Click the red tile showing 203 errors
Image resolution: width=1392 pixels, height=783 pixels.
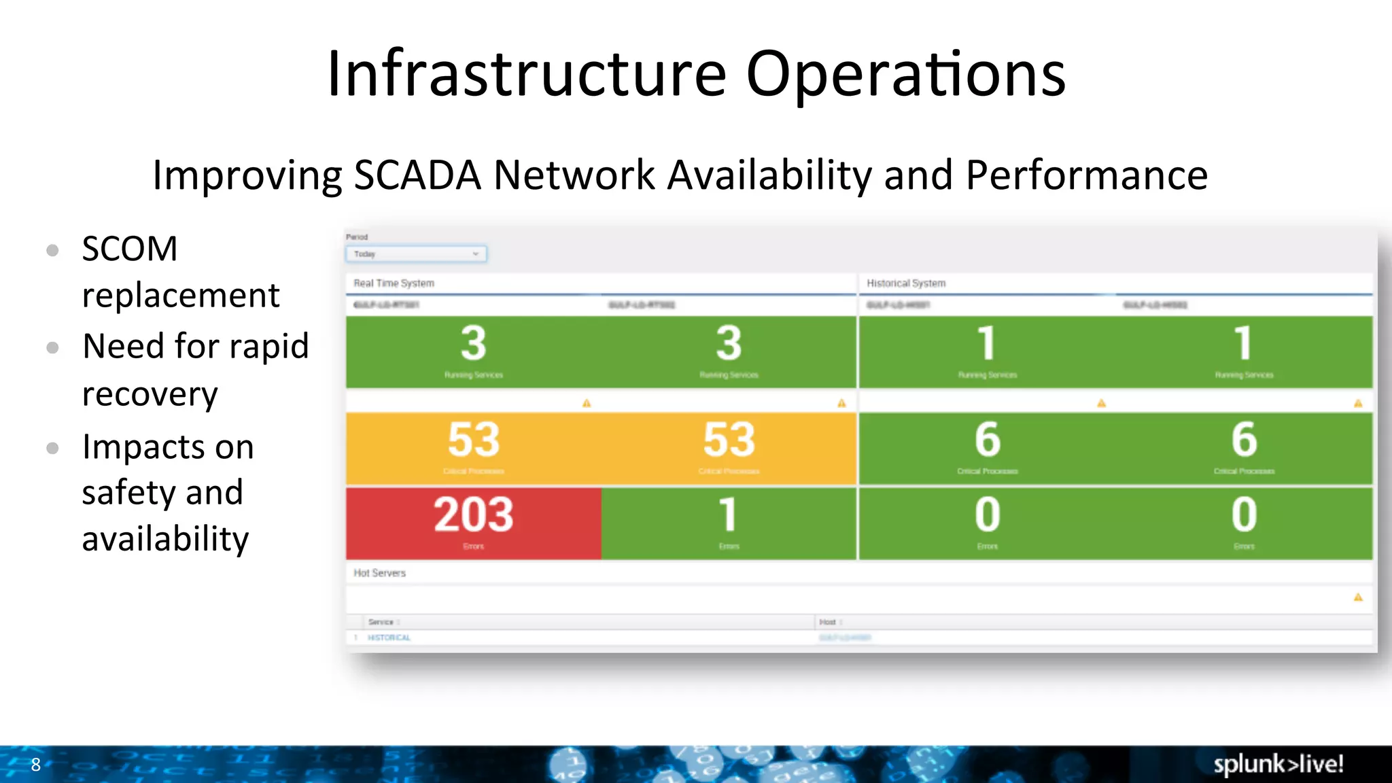point(474,523)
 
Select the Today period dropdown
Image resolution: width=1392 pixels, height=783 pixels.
point(416,254)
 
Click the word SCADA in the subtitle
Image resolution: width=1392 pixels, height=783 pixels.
point(417,175)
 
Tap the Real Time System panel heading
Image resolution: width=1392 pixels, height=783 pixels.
point(394,283)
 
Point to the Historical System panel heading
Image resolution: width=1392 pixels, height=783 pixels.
point(906,283)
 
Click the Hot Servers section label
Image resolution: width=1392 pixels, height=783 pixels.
point(379,573)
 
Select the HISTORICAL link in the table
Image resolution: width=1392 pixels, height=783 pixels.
point(389,638)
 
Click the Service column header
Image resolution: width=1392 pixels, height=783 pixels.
point(381,622)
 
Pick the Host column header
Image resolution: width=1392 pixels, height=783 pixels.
point(827,622)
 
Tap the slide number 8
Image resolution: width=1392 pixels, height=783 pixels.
point(36,765)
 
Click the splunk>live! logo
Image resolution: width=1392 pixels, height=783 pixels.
point(1278,764)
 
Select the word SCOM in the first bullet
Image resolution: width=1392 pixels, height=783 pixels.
point(130,249)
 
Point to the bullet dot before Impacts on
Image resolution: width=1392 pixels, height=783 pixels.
point(53,448)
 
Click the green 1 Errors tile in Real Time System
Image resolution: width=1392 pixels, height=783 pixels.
point(729,523)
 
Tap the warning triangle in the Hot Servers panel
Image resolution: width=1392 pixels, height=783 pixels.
point(1358,597)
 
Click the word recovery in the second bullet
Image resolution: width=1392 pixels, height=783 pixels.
point(150,394)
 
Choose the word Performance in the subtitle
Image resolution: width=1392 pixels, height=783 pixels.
point(1086,175)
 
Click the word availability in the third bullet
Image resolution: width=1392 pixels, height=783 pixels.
point(165,539)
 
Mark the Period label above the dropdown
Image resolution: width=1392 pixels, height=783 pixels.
point(357,237)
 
